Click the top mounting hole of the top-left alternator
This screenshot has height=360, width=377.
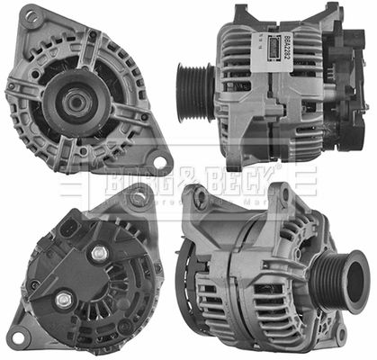point(32,16)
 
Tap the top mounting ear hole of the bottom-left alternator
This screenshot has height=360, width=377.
point(140,199)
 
